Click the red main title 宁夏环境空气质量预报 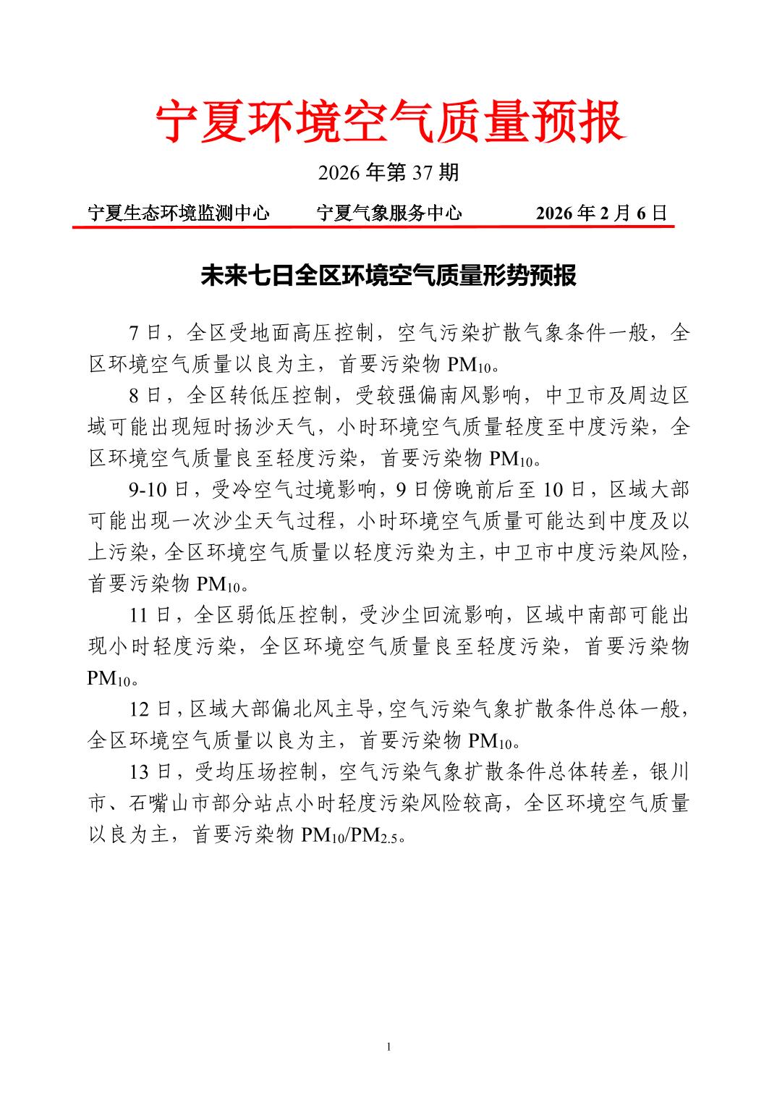388,122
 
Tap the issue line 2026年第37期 388,173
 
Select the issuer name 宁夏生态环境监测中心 179,213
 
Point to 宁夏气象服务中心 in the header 389,213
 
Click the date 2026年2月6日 601,213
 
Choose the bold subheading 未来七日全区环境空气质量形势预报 388,276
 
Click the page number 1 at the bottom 388,1046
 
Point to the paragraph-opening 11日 150,615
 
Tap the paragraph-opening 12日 150,709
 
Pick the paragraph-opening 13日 150,772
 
